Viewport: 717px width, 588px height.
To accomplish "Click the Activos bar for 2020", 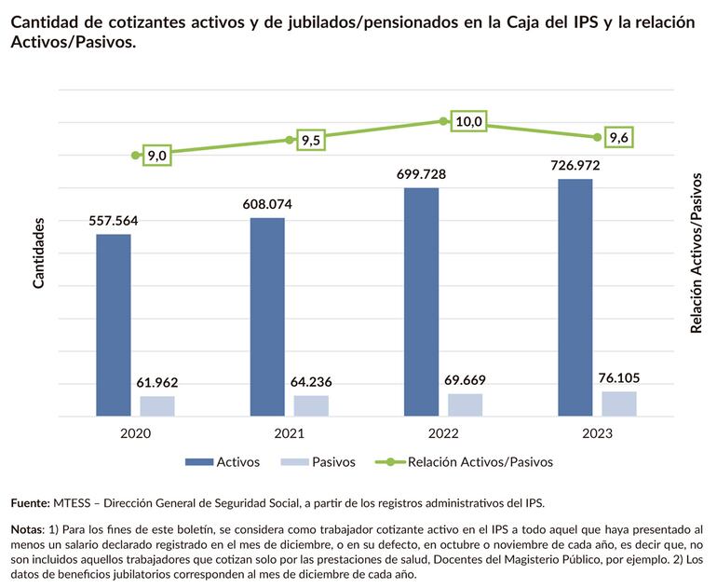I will click(114, 324).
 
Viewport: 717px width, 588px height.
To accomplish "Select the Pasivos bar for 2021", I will click(311, 405).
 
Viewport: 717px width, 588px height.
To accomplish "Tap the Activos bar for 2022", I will click(421, 302).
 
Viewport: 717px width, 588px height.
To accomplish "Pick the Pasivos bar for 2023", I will click(619, 403).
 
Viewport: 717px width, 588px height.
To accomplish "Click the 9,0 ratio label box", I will click(156, 156).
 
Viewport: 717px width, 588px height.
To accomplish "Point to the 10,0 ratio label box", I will click(468, 122).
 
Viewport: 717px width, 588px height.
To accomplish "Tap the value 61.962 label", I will click(157, 382).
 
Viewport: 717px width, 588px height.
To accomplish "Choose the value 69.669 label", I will click(465, 380).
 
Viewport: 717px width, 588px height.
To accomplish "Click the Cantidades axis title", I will click(39, 253).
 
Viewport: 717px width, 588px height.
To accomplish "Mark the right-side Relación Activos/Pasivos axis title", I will click(696, 253).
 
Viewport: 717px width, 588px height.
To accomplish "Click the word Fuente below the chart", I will click(30, 503).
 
